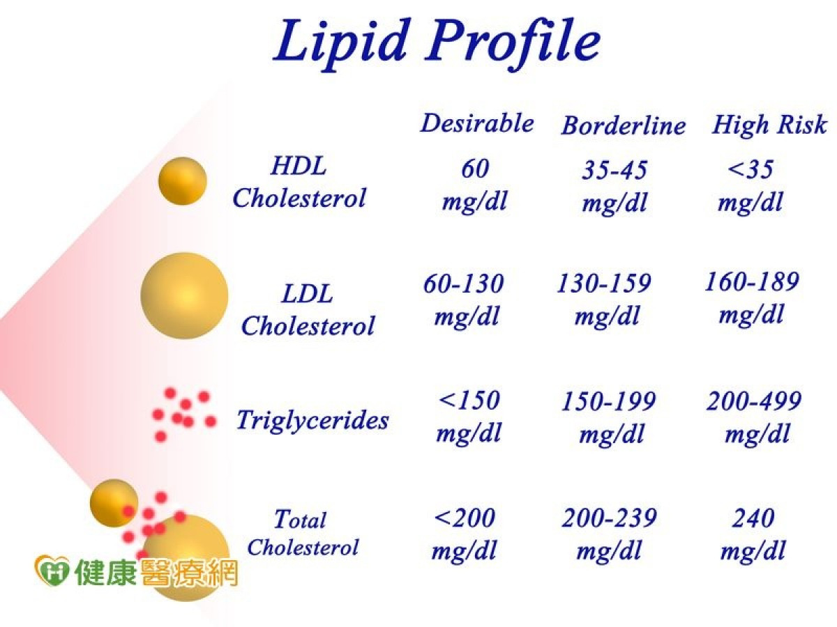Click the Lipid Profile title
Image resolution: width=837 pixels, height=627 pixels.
click(x=437, y=44)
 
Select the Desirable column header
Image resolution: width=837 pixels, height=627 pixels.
click(x=477, y=123)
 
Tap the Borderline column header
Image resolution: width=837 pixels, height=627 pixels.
click(x=624, y=125)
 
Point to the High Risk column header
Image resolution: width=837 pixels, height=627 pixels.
click(x=769, y=125)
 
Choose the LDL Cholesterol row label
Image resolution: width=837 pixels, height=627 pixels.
click(x=308, y=310)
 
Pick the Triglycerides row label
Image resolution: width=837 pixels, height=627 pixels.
click(x=312, y=421)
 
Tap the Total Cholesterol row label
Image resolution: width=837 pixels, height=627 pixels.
click(x=303, y=533)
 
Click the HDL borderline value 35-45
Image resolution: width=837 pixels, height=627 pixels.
click(x=614, y=169)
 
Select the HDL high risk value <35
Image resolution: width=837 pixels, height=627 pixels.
click(x=750, y=169)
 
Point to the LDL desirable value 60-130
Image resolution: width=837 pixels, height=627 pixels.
click(x=464, y=284)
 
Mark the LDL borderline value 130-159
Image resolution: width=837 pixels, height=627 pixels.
click(x=604, y=283)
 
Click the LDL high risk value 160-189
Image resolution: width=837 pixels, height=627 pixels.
click(x=752, y=281)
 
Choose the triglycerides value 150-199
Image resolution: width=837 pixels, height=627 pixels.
click(x=609, y=401)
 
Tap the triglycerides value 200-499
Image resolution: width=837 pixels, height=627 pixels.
click(x=754, y=401)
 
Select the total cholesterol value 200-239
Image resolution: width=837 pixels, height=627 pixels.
click(x=610, y=518)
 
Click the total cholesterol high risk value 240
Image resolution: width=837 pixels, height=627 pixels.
click(x=753, y=518)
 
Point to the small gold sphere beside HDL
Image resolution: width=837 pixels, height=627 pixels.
click(x=183, y=181)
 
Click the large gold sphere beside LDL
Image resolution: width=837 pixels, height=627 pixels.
click(x=185, y=295)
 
